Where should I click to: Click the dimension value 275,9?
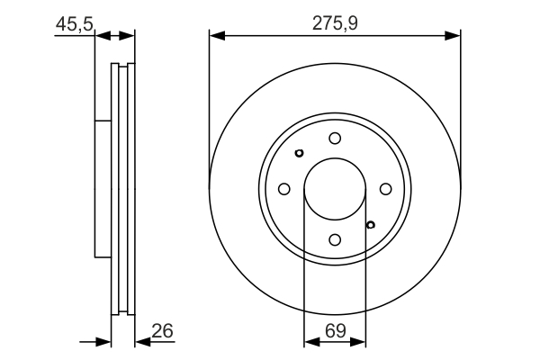[334, 22]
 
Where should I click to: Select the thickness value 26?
[162, 332]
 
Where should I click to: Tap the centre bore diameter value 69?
[335, 332]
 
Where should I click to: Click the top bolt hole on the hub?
[335, 138]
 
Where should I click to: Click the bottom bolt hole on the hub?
[335, 239]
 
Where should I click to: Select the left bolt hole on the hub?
[283, 189]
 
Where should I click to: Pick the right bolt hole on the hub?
[386, 189]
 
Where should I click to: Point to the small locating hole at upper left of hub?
[300, 153]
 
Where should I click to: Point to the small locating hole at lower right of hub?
[370, 224]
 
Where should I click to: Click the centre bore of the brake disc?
[335, 189]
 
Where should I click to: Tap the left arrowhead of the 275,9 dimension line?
[215, 36]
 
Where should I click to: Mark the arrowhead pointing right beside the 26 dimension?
[105, 342]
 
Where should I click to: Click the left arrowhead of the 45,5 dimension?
[100, 36]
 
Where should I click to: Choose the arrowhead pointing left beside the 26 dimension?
[141, 342]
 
